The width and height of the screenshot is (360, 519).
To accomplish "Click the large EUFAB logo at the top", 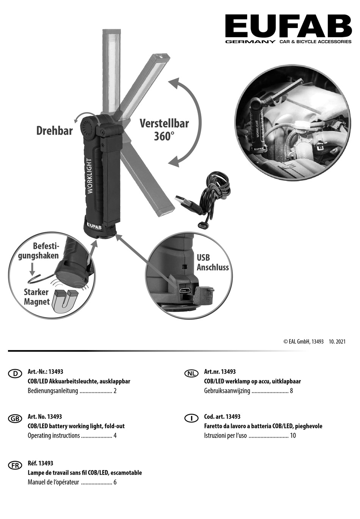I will tap(288, 26).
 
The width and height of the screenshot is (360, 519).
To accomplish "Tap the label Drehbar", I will tap(55, 131).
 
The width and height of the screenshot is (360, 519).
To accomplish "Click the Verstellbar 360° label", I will tap(164, 130).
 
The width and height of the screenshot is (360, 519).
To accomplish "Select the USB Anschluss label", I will tap(212, 263).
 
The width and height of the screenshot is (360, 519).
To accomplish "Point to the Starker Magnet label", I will tap(36, 297).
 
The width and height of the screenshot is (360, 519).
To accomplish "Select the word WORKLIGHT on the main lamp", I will tap(90, 176).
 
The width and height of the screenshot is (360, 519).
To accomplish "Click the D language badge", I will tap(15, 374).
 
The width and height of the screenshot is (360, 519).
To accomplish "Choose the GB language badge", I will tap(15, 418).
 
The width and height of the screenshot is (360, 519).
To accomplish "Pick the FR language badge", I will tap(15, 465).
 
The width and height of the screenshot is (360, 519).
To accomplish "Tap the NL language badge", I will tap(191, 374).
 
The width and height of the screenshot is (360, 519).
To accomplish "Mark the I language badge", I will tap(191, 418).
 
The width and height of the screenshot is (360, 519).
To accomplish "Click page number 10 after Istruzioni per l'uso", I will tap(293, 436).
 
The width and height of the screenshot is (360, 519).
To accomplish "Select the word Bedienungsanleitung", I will tap(53, 391).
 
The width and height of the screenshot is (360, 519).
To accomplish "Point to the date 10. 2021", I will tap(337, 341).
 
